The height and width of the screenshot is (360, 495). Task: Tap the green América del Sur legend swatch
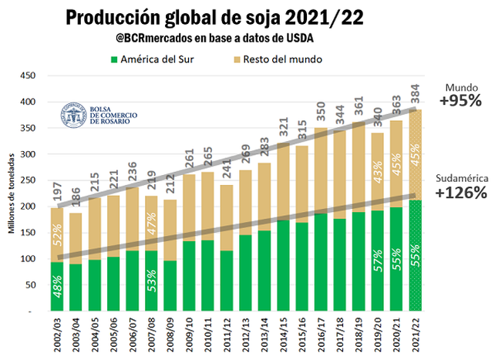113,59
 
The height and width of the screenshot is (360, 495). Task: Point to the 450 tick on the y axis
29,76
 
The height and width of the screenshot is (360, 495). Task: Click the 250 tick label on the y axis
29,180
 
